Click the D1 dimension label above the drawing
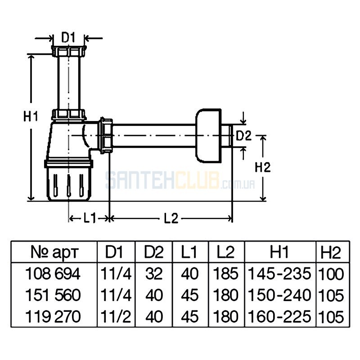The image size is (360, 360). pyautogui.click(x=68, y=38)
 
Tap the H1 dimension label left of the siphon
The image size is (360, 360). pyautogui.click(x=31, y=116)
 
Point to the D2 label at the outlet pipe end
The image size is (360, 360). pyautogui.click(x=244, y=136)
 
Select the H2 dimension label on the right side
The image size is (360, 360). pyautogui.click(x=263, y=167)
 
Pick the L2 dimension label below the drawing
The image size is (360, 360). pyautogui.click(x=171, y=218)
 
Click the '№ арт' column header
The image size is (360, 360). pyautogui.click(x=54, y=252)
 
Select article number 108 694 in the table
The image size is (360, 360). pyautogui.click(x=53, y=274)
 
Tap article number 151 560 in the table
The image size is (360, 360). pyautogui.click(x=53, y=295)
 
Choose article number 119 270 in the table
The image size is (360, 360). pyautogui.click(x=53, y=316)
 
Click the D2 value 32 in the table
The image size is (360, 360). pyautogui.click(x=154, y=274)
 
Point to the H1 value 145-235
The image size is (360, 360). pyautogui.click(x=279, y=274)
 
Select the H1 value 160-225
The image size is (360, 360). pyautogui.click(x=279, y=316)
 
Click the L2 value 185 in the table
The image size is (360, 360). pyautogui.click(x=226, y=274)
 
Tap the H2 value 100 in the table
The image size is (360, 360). pyautogui.click(x=331, y=274)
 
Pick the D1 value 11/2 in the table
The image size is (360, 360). pyautogui.click(x=116, y=316)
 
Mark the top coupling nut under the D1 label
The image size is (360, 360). pyautogui.click(x=69, y=51)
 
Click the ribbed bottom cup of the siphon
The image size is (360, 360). pyautogui.click(x=69, y=180)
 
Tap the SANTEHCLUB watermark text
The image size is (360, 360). pyautogui.click(x=180, y=180)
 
